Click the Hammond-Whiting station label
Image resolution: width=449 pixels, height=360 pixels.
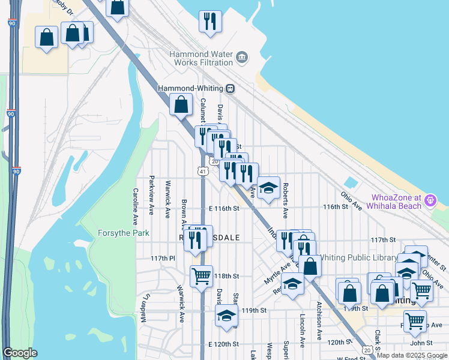pos(191,88)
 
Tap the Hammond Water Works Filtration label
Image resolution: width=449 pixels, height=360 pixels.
pos(200,58)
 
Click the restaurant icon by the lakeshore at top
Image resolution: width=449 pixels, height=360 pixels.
pos(210,22)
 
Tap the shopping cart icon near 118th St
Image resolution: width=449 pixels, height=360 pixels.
pos(201,277)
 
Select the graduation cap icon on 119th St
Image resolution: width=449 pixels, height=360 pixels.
pos(227,316)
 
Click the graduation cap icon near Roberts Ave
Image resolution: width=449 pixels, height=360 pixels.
pos(268,187)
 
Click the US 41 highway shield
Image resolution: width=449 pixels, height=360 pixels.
pos(203,172)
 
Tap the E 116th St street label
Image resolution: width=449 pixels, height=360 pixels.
pos(224,208)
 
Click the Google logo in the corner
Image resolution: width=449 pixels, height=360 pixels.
pos(20,353)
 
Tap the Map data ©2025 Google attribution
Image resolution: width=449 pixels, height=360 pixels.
pos(411,355)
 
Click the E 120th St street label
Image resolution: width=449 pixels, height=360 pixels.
pos(224,344)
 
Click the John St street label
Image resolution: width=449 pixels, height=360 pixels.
pos(421,343)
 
